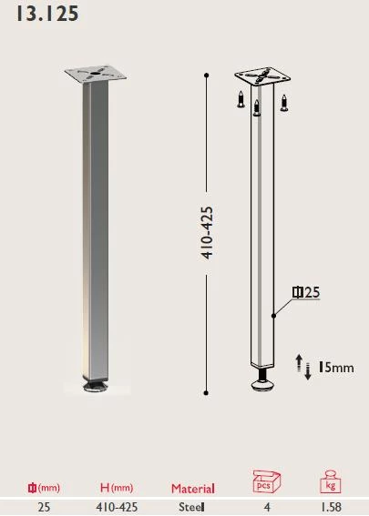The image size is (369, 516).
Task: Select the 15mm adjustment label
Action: [334, 368]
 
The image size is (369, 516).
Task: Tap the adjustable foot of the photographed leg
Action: [95, 389]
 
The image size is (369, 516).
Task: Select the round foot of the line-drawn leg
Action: [262, 386]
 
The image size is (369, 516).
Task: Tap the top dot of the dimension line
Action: [207, 74]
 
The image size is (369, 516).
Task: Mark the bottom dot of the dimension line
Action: [207, 392]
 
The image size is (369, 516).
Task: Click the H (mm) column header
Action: [116, 489]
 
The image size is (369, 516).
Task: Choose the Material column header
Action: [193, 489]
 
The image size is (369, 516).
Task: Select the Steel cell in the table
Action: [192, 507]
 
